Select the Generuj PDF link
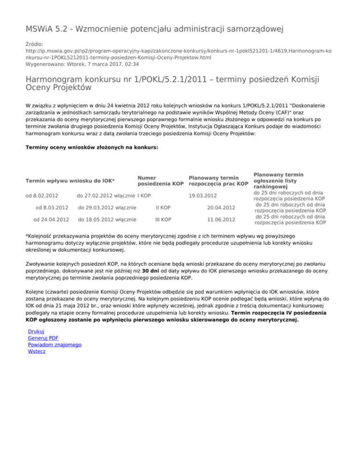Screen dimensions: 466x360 pos(43,338)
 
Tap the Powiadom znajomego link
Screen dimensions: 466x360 pos(55,345)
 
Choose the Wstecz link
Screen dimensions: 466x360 pos(37,351)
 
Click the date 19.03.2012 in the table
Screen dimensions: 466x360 pos(202,195)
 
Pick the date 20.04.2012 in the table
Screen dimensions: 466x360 pos(221,207)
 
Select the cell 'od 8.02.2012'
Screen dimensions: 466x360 pos(41,195)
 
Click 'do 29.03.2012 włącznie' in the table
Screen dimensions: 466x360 pos(107,207)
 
